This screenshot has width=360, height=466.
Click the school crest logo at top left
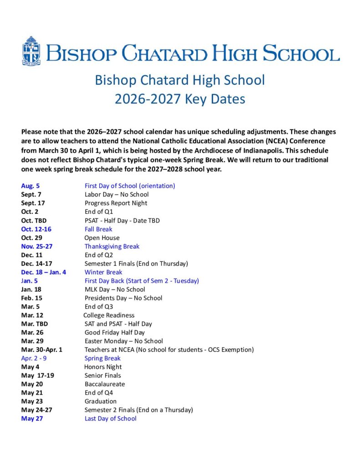(x=31, y=51)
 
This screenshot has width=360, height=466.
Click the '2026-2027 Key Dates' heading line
(x=180, y=99)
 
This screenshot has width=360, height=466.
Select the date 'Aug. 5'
(x=30, y=186)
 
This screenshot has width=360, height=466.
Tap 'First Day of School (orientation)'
(x=130, y=186)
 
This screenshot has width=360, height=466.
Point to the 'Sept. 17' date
(x=33, y=203)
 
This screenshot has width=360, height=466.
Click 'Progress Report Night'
(x=116, y=203)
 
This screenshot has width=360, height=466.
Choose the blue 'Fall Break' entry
(x=98, y=229)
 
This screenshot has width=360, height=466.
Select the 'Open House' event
(x=102, y=238)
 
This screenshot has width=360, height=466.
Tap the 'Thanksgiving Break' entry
(x=112, y=246)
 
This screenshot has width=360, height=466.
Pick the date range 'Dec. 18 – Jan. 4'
(x=44, y=272)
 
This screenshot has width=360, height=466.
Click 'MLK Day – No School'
(x=115, y=289)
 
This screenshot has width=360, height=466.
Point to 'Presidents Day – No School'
(x=123, y=298)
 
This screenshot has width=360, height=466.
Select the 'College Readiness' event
(x=109, y=315)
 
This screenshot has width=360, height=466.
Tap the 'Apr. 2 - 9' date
(x=34, y=358)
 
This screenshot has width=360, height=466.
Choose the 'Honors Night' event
(x=103, y=367)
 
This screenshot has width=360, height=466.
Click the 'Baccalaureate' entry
(x=105, y=384)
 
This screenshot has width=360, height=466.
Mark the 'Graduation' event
(x=101, y=401)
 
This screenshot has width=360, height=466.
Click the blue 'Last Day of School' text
(x=111, y=418)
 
